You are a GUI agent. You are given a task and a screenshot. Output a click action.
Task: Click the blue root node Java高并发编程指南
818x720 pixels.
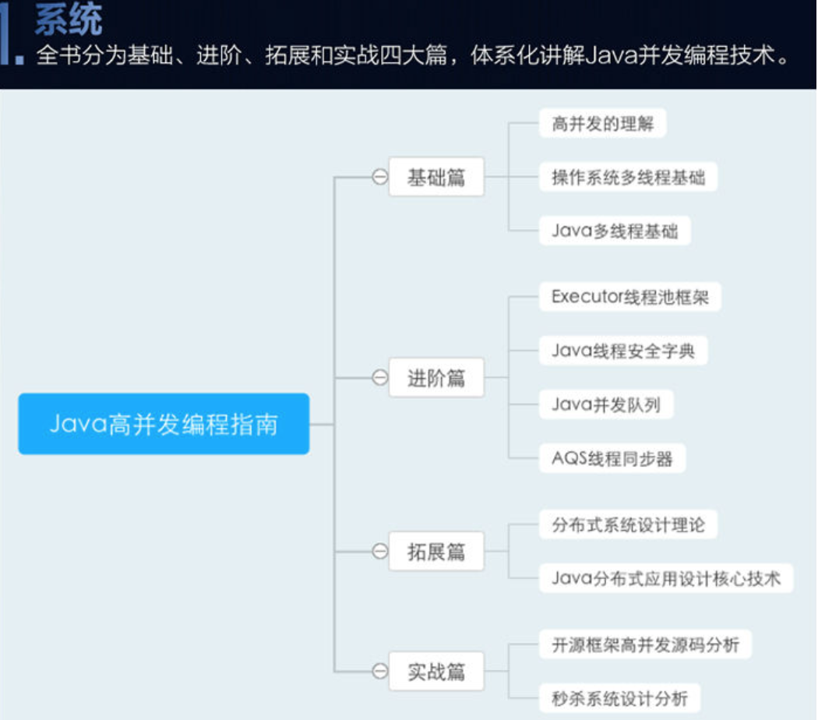click(x=164, y=424)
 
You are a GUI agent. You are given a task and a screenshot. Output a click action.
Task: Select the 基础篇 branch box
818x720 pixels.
click(x=436, y=177)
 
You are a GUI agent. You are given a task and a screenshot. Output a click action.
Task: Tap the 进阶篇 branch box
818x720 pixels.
click(x=436, y=378)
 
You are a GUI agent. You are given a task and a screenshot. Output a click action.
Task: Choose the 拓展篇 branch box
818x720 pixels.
click(x=436, y=552)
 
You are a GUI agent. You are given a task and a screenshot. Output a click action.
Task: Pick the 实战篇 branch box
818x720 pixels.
click(x=436, y=671)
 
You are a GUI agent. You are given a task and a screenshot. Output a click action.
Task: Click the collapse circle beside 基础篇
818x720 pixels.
click(x=379, y=177)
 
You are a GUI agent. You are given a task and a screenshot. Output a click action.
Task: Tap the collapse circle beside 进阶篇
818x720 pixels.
click(x=379, y=378)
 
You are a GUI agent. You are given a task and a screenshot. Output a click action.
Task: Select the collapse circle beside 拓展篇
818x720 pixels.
click(x=379, y=552)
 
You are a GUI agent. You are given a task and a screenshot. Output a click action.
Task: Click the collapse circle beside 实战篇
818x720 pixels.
click(x=379, y=671)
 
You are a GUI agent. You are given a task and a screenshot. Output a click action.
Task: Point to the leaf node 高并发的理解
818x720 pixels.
click(x=602, y=123)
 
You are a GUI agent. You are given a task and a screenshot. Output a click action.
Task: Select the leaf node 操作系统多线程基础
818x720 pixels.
click(x=628, y=177)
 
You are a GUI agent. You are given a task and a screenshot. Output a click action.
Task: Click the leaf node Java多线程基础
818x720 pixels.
click(x=615, y=231)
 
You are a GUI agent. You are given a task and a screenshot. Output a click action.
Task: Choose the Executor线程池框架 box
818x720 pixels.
click(x=629, y=297)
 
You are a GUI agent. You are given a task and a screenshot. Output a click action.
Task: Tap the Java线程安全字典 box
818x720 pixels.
click(x=622, y=351)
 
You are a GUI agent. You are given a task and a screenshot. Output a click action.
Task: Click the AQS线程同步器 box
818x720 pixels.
click(x=612, y=458)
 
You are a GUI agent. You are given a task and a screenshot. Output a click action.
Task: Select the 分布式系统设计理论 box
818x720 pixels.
click(x=628, y=524)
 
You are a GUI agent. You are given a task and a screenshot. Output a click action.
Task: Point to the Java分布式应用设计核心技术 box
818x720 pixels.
click(x=666, y=578)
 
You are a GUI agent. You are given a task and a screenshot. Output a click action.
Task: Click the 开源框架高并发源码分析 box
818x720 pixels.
click(x=646, y=644)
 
